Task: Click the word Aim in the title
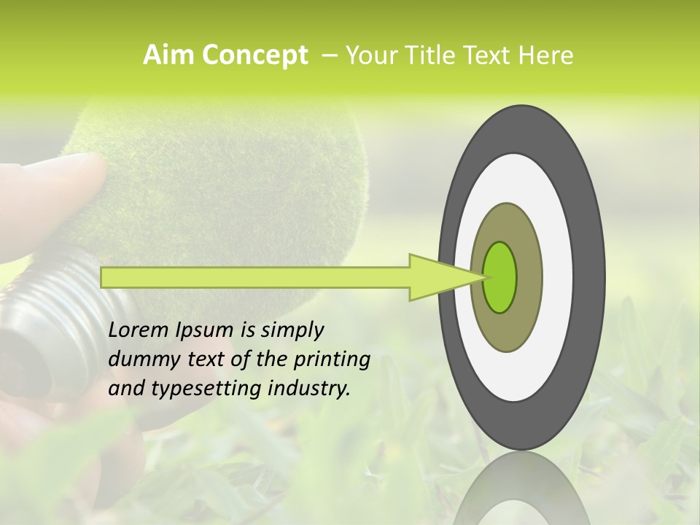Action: coord(168,55)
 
